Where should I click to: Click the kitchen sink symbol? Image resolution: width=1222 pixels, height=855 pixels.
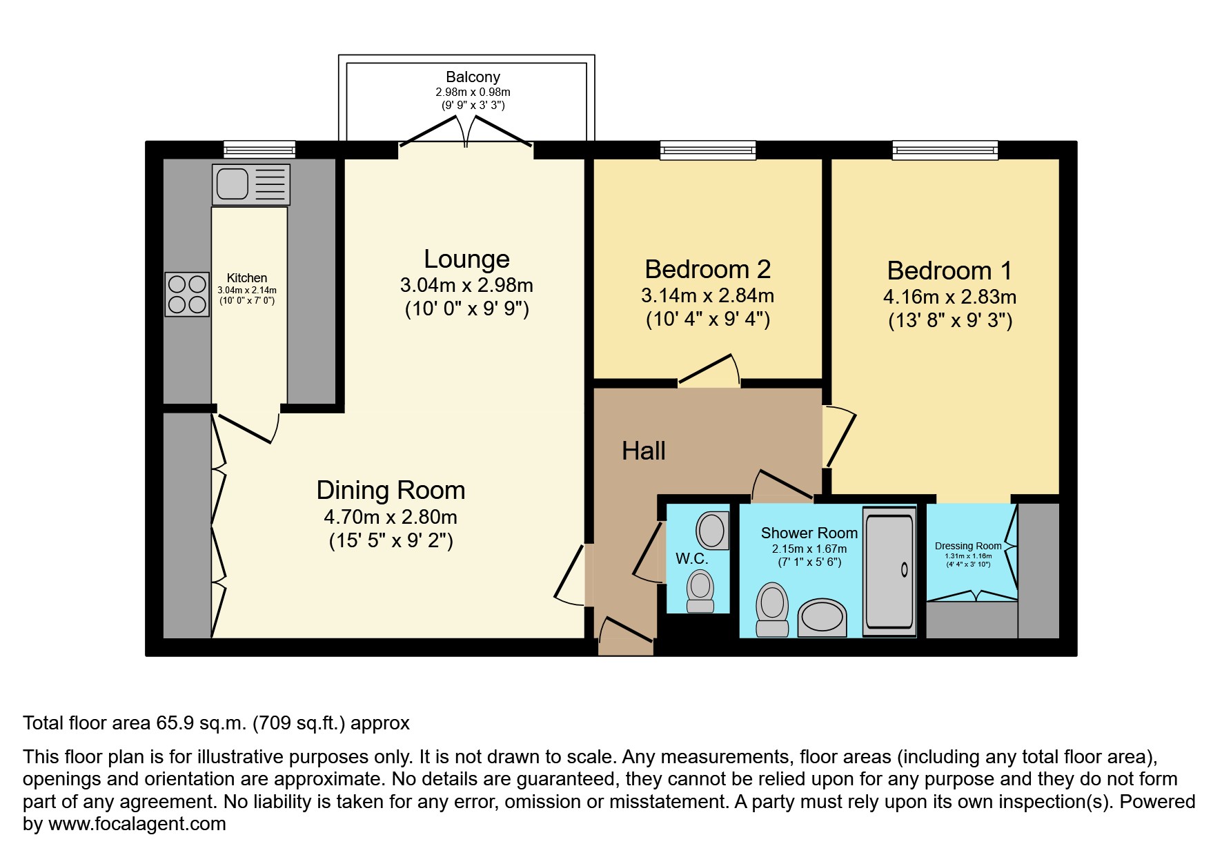click(250, 184)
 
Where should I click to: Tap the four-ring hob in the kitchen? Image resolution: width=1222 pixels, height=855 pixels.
click(187, 294)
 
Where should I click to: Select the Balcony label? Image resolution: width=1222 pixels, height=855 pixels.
click(473, 77)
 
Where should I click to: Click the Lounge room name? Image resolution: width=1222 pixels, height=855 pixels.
click(466, 259)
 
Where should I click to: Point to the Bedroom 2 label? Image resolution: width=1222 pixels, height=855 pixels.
click(707, 269)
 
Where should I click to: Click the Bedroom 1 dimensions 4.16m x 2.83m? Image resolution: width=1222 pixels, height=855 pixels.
click(949, 297)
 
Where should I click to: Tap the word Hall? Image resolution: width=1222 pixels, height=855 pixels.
click(643, 451)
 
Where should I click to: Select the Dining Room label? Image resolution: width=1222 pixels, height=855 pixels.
click(391, 491)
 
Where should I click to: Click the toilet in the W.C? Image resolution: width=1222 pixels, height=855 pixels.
click(700, 593)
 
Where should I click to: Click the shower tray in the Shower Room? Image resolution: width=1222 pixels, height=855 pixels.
click(889, 571)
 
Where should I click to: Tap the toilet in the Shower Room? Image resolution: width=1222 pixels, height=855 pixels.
click(772, 609)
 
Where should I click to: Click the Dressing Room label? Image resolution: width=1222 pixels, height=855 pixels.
click(967, 546)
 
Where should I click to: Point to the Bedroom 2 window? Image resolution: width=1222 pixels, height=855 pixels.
click(707, 150)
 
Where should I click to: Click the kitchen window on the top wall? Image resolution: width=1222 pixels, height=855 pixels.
click(259, 149)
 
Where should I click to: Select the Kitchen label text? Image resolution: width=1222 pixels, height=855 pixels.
click(247, 278)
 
